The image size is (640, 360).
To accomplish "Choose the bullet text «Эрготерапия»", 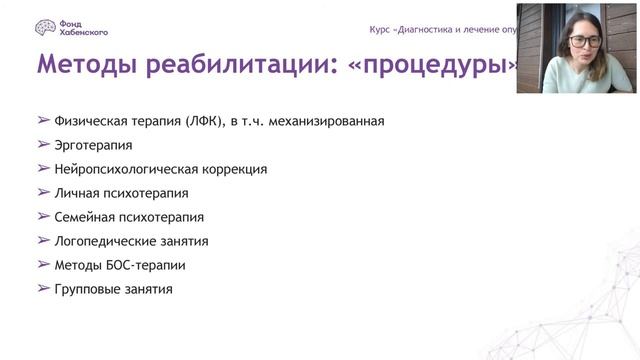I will coord(94,145).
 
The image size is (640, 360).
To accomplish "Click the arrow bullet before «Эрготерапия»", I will coord(43,144).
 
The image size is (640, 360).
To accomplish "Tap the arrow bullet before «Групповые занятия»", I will coord(43,288).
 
